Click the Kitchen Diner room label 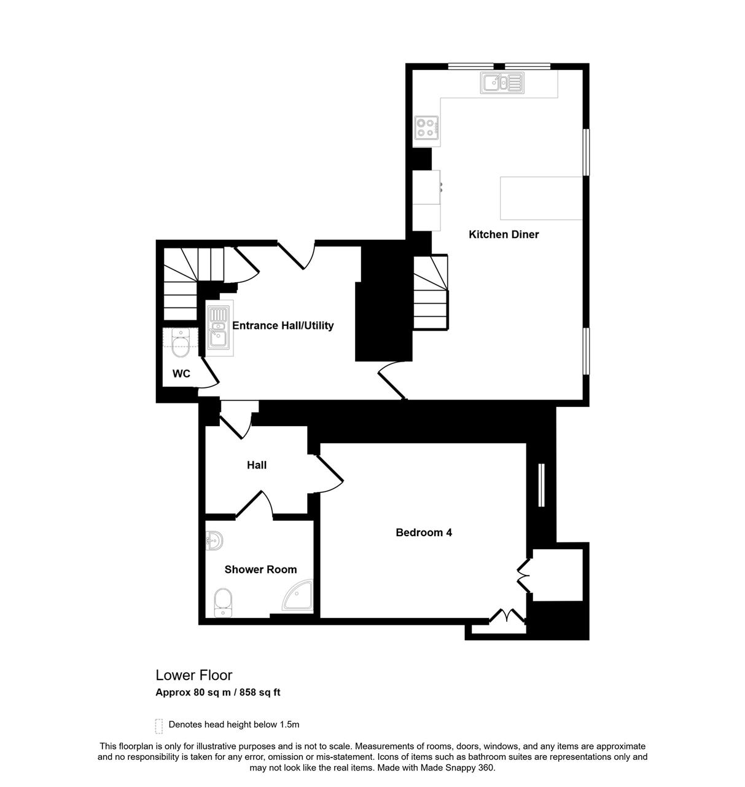click(503, 234)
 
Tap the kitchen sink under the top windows click(502, 83)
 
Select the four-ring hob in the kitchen click(426, 128)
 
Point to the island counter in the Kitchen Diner click(541, 198)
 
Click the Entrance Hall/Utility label click(283, 325)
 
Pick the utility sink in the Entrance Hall click(219, 328)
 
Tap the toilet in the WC click(180, 342)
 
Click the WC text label click(181, 373)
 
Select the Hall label click(256, 465)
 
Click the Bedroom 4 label click(424, 532)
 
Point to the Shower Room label click(260, 569)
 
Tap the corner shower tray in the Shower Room click(297, 595)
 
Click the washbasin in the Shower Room click(214, 541)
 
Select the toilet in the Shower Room click(223, 602)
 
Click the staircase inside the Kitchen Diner click(431, 292)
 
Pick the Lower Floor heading click(193, 675)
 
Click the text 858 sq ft click(260, 692)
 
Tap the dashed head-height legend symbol click(158, 726)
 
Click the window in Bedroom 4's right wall click(541, 484)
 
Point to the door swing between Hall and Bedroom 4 click(330, 475)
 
